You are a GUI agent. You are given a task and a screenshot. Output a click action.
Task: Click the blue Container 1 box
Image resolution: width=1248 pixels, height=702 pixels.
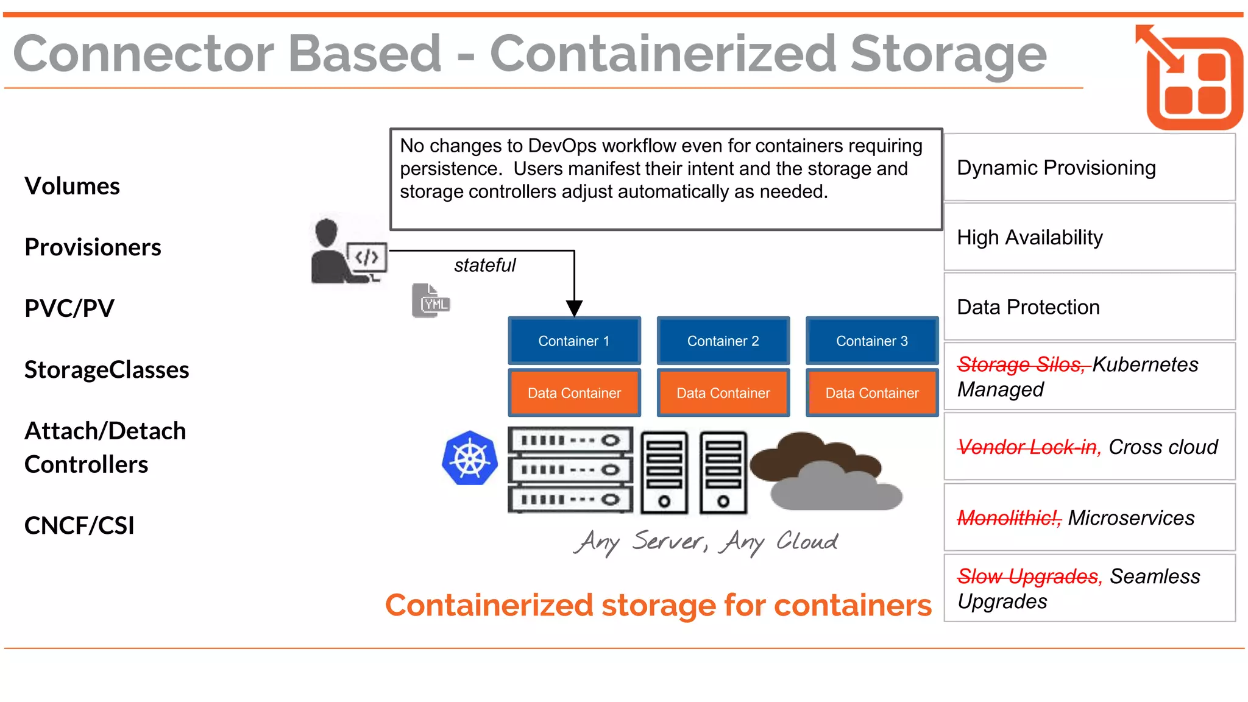point(574,341)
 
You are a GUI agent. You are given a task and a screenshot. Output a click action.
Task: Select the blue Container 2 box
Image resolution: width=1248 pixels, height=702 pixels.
point(723,341)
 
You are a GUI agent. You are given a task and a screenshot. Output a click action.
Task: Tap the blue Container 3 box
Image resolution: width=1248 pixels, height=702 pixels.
point(871,341)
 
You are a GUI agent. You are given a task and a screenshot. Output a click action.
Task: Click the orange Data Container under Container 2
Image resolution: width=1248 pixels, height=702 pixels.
point(723,393)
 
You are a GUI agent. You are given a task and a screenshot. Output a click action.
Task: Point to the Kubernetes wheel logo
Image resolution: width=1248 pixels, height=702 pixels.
point(470,458)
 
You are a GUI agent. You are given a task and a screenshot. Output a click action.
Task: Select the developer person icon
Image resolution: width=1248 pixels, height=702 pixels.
point(332,251)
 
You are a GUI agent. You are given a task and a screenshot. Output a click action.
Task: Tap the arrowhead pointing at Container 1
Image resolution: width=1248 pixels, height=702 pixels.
point(574,308)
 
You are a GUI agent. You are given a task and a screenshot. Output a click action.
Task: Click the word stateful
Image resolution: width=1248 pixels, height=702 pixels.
point(484,265)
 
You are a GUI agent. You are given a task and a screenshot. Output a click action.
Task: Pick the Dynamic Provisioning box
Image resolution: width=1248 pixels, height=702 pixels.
point(1089,168)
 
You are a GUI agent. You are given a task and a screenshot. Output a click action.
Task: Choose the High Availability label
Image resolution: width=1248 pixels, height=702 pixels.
point(1029,237)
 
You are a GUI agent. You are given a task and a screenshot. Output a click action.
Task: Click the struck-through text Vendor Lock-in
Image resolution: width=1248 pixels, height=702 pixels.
point(1027,447)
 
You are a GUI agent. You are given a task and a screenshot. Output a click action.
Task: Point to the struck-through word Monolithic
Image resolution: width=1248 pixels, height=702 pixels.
point(1009,517)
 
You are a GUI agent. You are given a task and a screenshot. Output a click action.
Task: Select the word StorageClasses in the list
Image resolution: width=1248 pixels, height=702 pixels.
point(107,369)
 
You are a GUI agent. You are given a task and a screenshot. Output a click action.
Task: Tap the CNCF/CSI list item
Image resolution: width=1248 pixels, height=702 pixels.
point(79,525)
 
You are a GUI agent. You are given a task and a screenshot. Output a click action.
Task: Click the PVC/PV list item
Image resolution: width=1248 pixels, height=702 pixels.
point(69,308)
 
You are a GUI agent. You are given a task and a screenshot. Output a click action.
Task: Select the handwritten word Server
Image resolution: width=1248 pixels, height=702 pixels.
point(668,541)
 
